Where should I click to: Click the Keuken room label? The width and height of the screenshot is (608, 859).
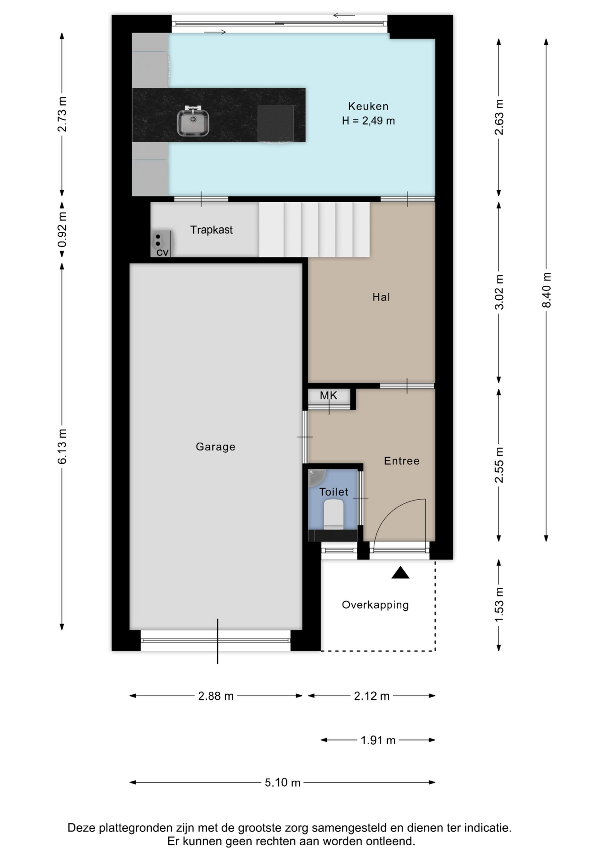pos(368,106)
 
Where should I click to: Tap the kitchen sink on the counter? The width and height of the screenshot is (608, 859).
pos(193,121)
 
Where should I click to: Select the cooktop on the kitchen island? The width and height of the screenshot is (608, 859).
pos(276,123)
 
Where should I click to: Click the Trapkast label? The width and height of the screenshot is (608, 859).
pos(211,230)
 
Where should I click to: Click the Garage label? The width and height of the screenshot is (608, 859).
pos(215,447)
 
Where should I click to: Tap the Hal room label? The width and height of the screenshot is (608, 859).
pos(381,297)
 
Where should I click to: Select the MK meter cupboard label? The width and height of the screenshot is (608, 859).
pos(328,395)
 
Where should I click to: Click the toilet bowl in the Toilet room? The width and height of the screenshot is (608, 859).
pos(334,515)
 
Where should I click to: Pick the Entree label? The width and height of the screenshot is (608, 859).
pos(402,461)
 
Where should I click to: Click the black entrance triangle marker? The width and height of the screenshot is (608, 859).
pos(400,573)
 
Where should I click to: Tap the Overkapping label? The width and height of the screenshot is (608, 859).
pos(375,605)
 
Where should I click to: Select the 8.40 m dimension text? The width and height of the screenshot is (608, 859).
pos(546,290)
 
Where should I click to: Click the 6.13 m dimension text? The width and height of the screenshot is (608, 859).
pos(62,446)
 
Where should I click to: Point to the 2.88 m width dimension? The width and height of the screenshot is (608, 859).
pos(216,696)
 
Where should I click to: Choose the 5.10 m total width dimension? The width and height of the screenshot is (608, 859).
pos(283,782)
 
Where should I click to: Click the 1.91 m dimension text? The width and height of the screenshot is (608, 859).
pos(378,740)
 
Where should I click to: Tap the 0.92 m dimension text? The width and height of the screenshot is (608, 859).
pos(62,230)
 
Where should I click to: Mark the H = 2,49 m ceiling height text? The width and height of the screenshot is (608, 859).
pos(368,121)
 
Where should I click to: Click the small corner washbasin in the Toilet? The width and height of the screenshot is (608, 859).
pos(316,477)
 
